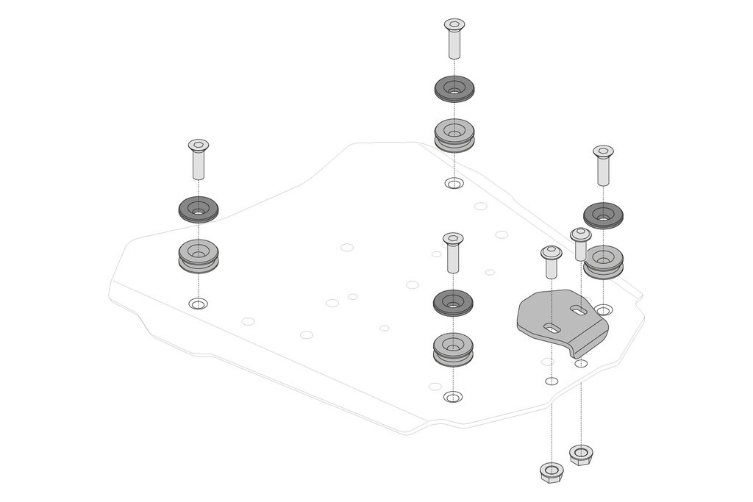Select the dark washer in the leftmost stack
point(198,209)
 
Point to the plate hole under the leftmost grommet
point(198,304)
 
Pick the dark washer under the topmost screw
point(454,89)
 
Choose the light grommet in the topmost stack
point(454,134)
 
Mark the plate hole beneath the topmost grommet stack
point(454,183)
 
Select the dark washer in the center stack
point(453,302)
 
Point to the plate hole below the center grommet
point(453,397)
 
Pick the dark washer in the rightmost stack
point(603,215)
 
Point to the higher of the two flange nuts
point(581,453)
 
